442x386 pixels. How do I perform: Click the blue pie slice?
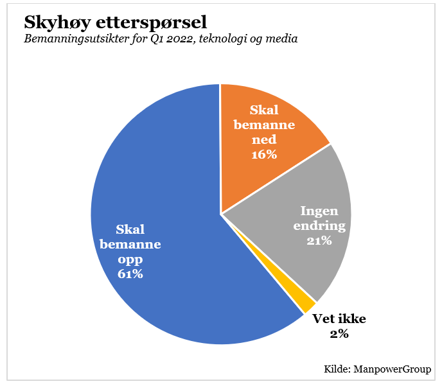(x=161, y=193)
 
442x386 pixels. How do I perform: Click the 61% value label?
(x=130, y=274)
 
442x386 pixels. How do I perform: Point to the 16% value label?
(x=264, y=154)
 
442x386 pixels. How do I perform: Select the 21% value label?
(x=319, y=241)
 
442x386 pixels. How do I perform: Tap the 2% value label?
(x=339, y=333)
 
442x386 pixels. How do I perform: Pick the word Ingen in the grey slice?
(x=319, y=211)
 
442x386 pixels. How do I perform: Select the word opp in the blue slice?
(x=130, y=259)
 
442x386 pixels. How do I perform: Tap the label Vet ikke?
(x=339, y=319)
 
